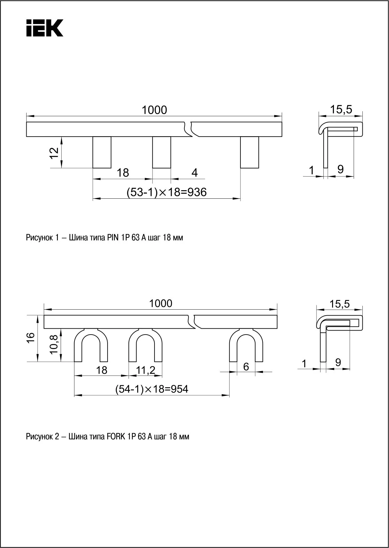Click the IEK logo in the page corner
pos(45,28)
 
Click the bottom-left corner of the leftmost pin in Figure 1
pos(93,168)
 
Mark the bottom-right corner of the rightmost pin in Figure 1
pos(259,168)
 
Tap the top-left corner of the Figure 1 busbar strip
pos(27,122)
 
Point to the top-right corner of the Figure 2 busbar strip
pos(277,316)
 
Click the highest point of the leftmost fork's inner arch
pos(91,334)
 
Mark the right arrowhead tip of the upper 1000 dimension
pos(282,116)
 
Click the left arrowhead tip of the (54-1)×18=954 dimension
pos(74,395)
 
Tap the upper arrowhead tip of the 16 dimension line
pos(38,316)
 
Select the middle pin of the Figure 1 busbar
pos(162,152)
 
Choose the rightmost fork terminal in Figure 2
pos(246,345)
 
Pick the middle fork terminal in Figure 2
pos(145,345)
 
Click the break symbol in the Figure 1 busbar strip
pos(192,129)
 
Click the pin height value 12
pos(54,153)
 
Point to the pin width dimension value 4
pos(194,172)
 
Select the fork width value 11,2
pos(146,370)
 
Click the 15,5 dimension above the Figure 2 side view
pos(340,304)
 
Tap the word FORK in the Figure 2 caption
pos(116,436)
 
